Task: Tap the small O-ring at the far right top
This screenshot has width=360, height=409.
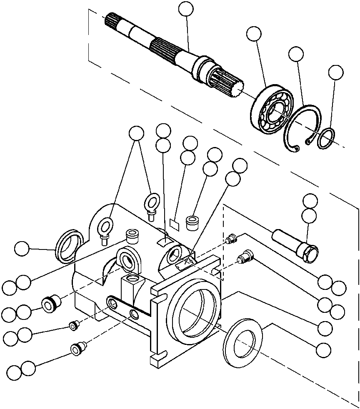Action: coord(325,139)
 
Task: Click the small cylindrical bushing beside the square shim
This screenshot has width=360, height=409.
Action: coord(192,223)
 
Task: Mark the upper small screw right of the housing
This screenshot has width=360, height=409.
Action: coord(231,239)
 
